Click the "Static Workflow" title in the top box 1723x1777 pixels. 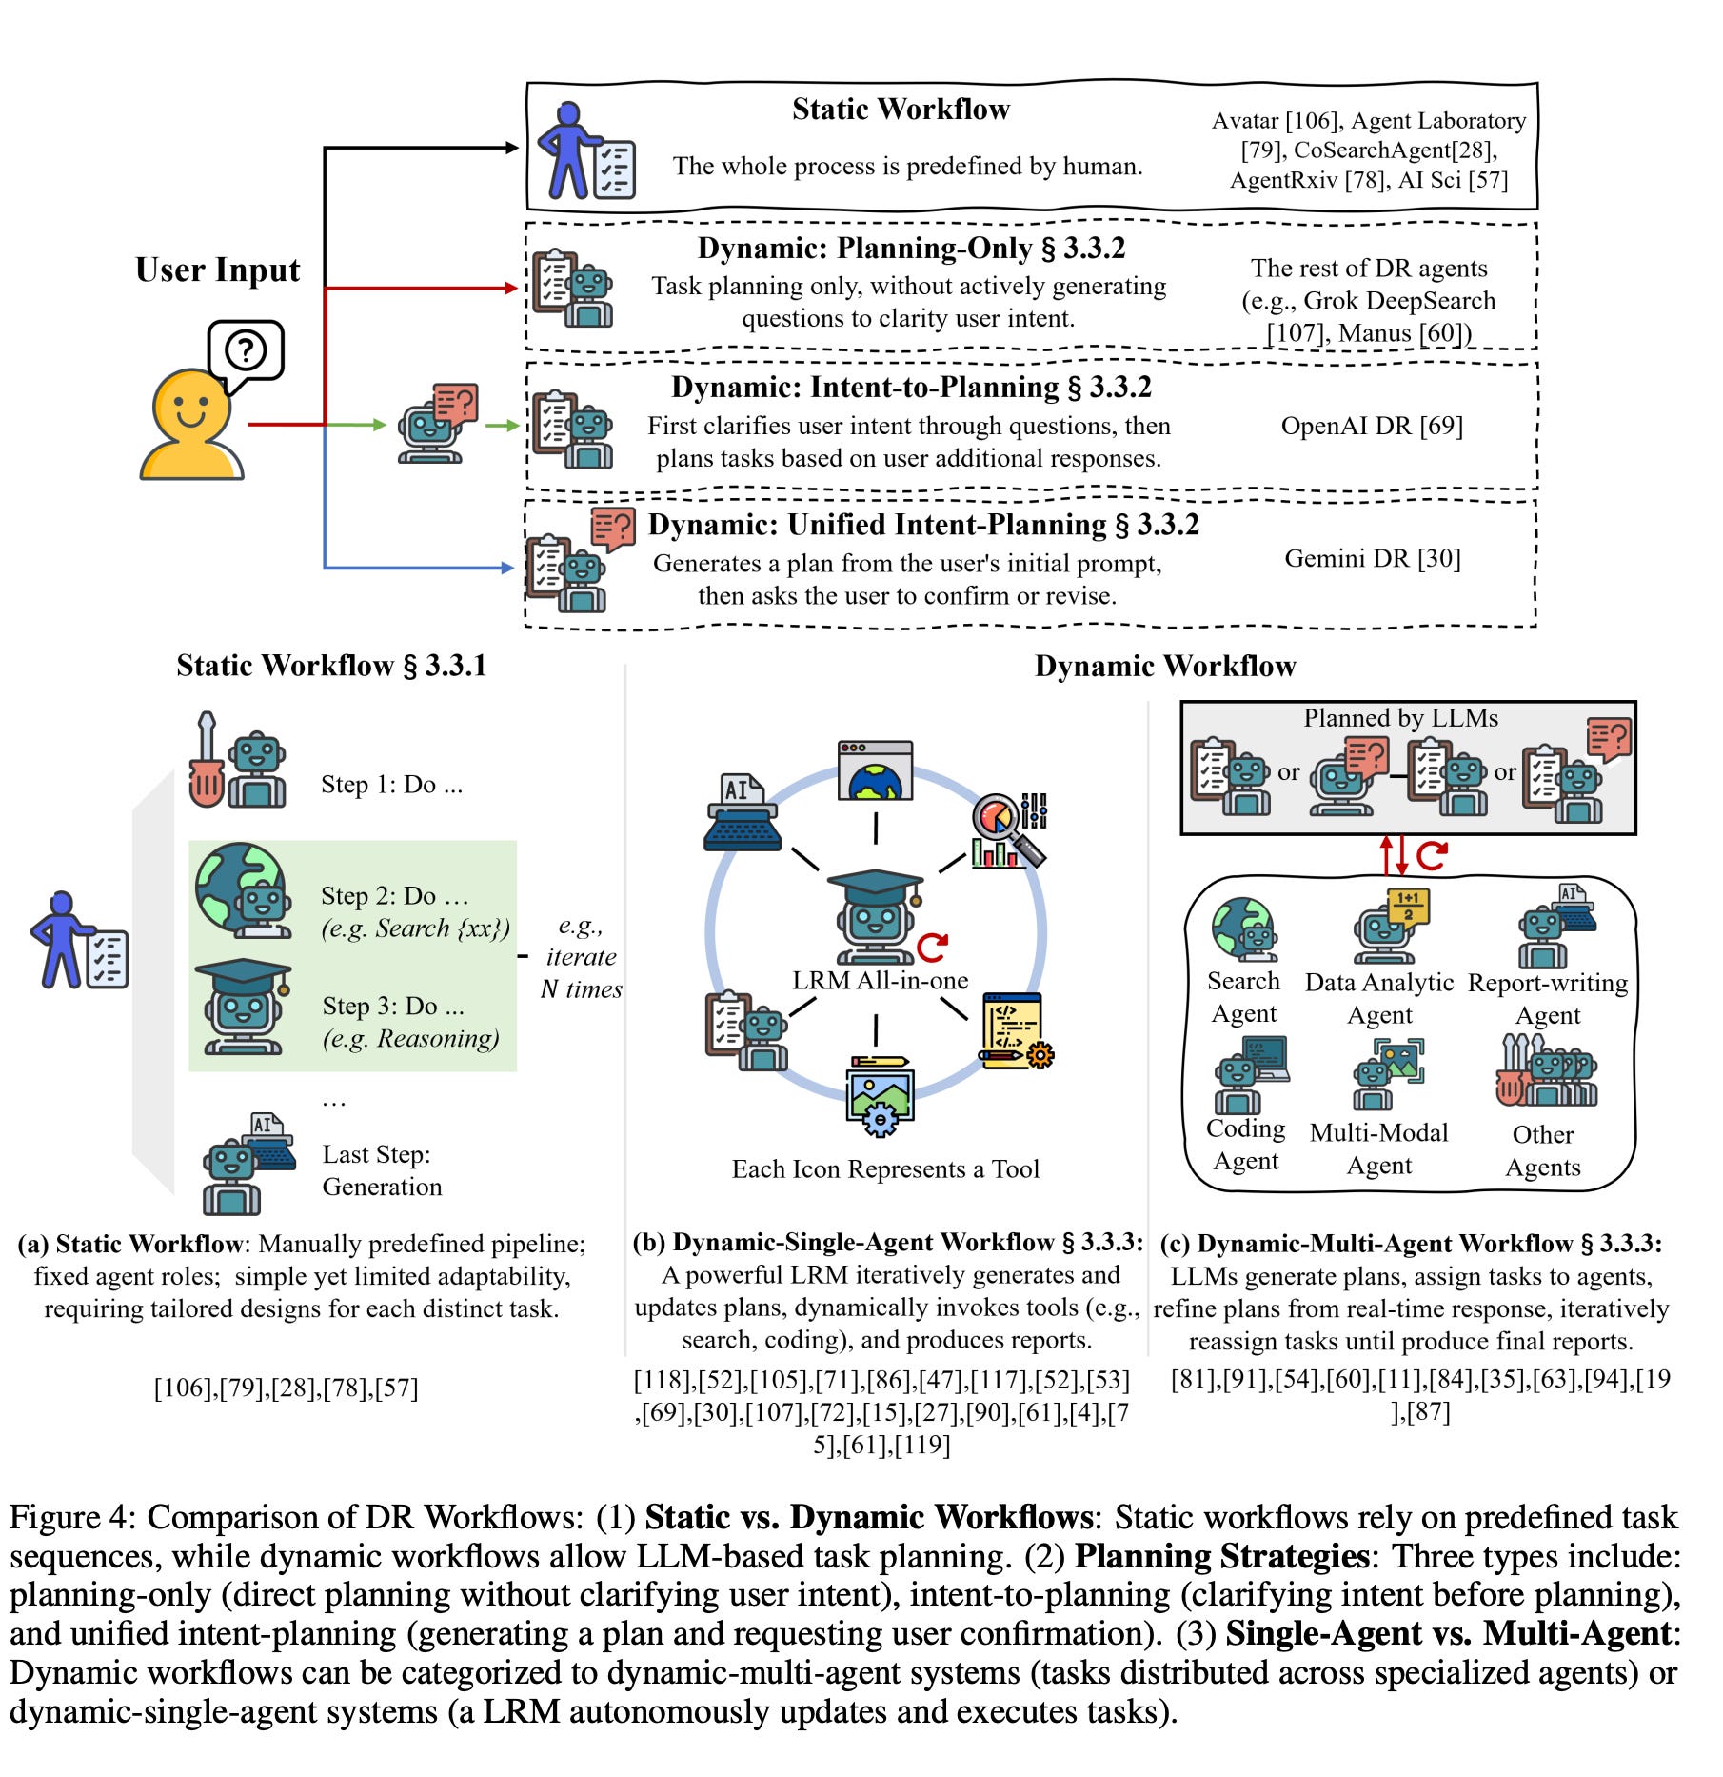point(901,110)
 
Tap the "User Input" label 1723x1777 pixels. point(217,270)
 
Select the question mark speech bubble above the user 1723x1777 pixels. point(246,351)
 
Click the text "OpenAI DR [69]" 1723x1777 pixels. point(1372,426)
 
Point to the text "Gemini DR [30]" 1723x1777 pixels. point(1372,558)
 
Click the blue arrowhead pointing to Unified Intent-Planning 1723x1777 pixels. point(507,568)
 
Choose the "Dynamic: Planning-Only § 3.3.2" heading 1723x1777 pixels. point(911,249)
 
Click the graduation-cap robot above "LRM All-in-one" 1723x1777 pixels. point(874,914)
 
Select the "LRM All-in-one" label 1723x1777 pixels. point(880,980)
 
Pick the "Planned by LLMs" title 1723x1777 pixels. point(1400,718)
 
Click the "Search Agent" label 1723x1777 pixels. point(1243,997)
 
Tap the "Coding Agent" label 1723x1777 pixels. point(1245,1145)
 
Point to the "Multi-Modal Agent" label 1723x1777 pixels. point(1378,1148)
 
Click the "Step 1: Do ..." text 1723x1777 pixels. point(391,785)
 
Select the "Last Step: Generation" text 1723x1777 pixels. point(382,1170)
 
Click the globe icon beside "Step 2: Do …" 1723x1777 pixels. point(238,886)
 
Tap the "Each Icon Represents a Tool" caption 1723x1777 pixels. point(885,1169)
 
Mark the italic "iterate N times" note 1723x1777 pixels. point(581,958)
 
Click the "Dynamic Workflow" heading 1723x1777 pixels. point(1165,666)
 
